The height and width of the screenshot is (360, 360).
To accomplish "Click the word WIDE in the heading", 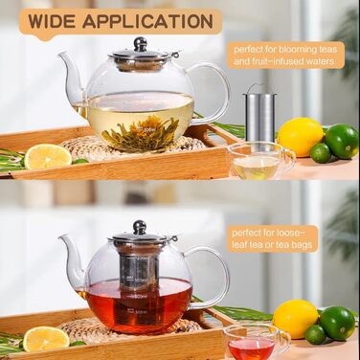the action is (52, 21).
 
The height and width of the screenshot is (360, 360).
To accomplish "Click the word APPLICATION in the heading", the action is (147, 21).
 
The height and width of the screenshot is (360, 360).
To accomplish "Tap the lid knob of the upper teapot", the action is (140, 44).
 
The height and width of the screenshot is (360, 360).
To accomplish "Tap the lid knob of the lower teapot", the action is (140, 227).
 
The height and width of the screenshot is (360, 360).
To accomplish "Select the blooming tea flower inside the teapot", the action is (141, 133).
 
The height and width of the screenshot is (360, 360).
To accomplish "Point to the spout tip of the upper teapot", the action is (59, 55).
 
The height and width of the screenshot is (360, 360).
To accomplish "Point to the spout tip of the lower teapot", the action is (60, 237).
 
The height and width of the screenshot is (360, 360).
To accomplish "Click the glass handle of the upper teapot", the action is (213, 93).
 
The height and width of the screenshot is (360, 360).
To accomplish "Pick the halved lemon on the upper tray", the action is (48, 156).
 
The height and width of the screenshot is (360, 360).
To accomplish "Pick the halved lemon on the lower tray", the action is (46, 339).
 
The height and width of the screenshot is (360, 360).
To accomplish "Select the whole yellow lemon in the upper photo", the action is (301, 137).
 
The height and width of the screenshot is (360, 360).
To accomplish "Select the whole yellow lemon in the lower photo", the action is (296, 319).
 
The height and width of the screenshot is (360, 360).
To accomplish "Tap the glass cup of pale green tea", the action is (261, 161).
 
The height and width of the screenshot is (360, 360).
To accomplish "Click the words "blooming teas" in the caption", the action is (307, 50).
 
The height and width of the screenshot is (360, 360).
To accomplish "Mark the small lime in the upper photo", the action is (321, 153).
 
